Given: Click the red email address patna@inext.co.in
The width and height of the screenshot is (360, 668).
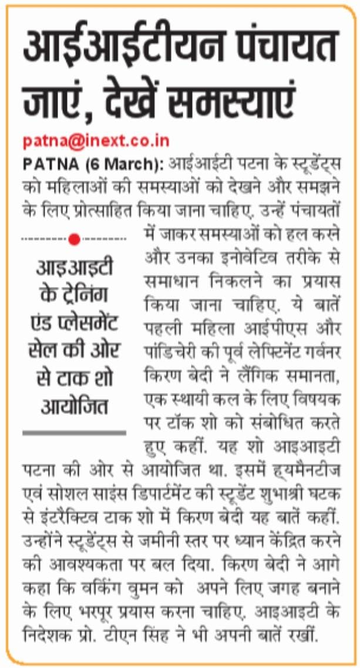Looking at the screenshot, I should [x=96, y=141].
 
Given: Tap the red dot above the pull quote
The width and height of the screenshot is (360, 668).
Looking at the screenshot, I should [x=74, y=239].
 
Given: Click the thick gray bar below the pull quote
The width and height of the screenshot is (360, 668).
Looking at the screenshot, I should [x=74, y=433].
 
